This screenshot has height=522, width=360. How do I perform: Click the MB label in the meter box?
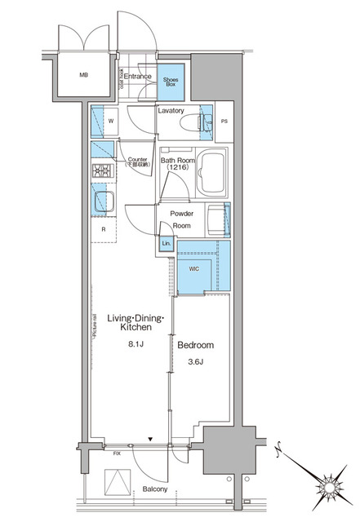[x=83, y=77]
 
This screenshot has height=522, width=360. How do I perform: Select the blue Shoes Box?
[x=170, y=79]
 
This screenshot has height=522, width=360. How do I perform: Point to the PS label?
[x=225, y=122]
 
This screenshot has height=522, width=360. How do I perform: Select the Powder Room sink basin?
[x=217, y=220]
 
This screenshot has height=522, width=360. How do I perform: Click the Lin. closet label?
[x=166, y=244]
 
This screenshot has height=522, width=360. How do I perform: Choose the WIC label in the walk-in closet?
[x=194, y=268]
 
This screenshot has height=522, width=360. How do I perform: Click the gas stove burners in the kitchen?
[x=101, y=171]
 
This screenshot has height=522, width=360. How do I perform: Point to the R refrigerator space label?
[x=103, y=229]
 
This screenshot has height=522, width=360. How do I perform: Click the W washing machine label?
[x=110, y=124]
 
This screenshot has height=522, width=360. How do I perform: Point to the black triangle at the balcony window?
[x=149, y=440]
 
